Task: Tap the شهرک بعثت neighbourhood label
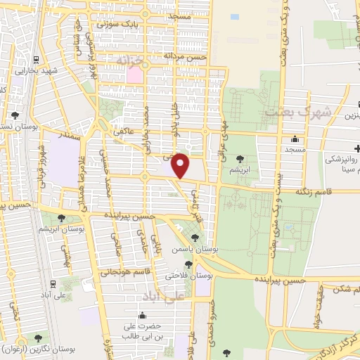290,112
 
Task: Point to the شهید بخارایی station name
35,71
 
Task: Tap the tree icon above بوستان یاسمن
195,238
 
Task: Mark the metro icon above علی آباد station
54,284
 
